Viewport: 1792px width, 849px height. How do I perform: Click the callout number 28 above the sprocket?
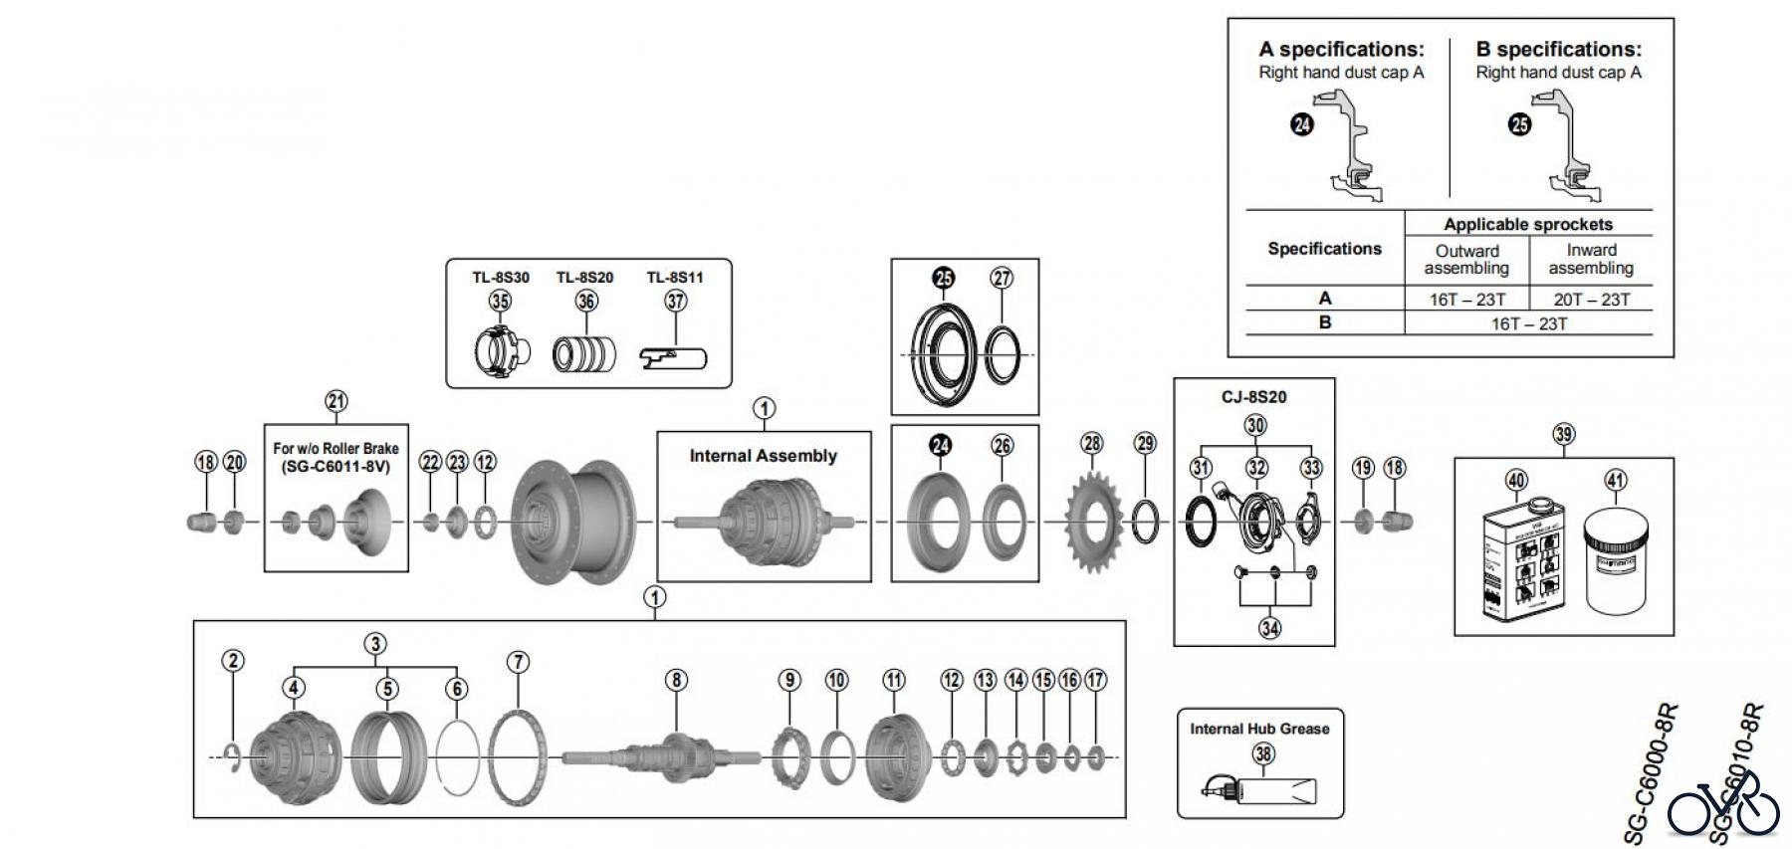click(x=1092, y=443)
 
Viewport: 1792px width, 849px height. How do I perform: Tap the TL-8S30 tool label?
click(x=501, y=278)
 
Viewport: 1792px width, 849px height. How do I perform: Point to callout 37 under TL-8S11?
click(x=676, y=301)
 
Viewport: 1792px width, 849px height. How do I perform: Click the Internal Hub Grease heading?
click(x=1259, y=729)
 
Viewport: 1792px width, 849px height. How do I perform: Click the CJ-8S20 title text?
click(x=1253, y=397)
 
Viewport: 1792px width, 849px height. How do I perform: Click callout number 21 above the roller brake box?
click(x=336, y=402)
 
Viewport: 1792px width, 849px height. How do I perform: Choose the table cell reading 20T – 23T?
click(x=1591, y=300)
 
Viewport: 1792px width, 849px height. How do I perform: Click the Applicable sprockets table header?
click(x=1527, y=225)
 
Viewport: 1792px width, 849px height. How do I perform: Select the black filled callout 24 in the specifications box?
click(x=1302, y=125)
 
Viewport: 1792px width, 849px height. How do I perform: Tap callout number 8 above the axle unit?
click(x=676, y=680)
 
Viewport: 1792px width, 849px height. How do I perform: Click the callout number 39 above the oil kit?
click(x=1563, y=434)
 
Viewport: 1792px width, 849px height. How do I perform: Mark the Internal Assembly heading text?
click(x=763, y=456)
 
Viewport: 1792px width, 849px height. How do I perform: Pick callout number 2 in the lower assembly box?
click(x=233, y=661)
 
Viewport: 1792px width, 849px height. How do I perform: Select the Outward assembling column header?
click(x=1466, y=260)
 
